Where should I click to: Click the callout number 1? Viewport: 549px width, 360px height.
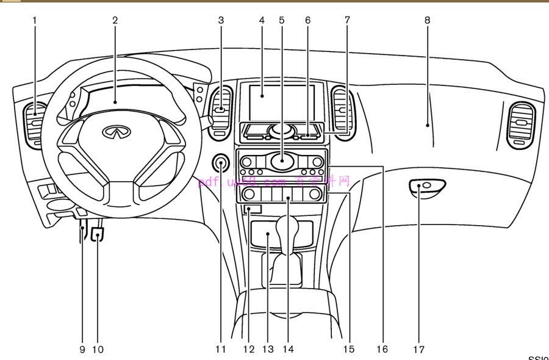click(35, 20)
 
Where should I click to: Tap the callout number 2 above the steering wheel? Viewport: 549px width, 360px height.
click(115, 20)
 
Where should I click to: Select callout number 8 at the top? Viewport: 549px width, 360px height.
click(428, 20)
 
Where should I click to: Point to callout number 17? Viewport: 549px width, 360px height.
click(418, 350)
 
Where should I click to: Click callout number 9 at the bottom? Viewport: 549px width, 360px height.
click(82, 350)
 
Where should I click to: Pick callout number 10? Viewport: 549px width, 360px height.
click(98, 350)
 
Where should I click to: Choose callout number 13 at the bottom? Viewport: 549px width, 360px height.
click(268, 350)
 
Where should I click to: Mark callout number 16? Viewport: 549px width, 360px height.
click(382, 350)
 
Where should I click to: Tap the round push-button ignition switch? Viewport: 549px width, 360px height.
click(221, 163)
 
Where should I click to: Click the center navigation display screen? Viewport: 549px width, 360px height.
click(281, 102)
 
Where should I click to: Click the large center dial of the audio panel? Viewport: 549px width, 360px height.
click(282, 161)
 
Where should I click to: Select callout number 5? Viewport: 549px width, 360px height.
click(282, 20)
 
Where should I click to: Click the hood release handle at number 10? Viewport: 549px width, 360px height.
click(98, 234)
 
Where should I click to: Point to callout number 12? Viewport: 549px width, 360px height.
click(248, 350)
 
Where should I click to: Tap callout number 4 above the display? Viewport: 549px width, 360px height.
click(262, 20)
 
